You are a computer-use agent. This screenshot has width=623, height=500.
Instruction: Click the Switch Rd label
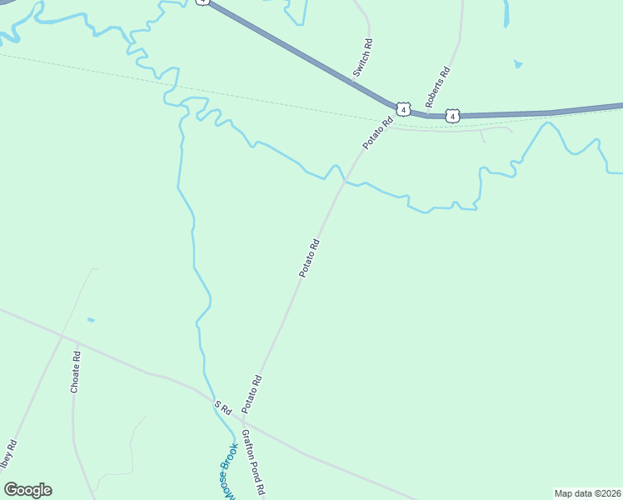[362, 58]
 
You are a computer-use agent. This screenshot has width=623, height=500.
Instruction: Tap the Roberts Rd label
[438, 86]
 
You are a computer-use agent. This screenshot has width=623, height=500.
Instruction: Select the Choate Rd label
[75, 372]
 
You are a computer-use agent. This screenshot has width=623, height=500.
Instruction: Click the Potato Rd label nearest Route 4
[377, 133]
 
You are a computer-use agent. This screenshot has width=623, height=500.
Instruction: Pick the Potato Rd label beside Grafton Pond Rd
[252, 394]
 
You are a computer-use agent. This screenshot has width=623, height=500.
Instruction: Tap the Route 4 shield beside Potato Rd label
[403, 109]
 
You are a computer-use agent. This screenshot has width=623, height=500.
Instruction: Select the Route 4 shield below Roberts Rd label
[451, 116]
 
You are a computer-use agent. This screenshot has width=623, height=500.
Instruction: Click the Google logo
[27, 490]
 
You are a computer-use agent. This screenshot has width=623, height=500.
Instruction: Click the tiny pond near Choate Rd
[90, 320]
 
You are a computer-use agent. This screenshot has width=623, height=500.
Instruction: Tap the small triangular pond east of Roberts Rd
[518, 63]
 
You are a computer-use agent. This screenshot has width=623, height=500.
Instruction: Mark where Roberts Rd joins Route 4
[426, 116]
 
